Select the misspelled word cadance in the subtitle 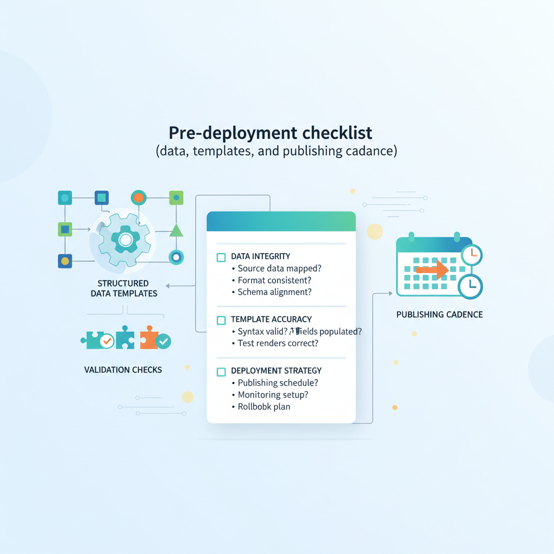click(371, 151)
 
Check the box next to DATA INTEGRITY click(221, 257)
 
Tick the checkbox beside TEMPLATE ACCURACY click(221, 320)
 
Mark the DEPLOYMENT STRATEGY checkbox click(221, 372)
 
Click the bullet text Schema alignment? click(275, 292)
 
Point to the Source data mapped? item click(279, 268)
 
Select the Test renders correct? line click(278, 343)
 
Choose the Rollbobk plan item click(264, 407)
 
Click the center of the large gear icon click(126, 239)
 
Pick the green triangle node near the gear click(176, 230)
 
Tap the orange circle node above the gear click(138, 197)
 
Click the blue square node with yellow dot click(65, 261)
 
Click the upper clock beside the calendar click(472, 254)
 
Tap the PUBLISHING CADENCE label click(439, 314)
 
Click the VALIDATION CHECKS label click(123, 370)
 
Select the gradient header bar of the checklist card click(281, 222)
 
